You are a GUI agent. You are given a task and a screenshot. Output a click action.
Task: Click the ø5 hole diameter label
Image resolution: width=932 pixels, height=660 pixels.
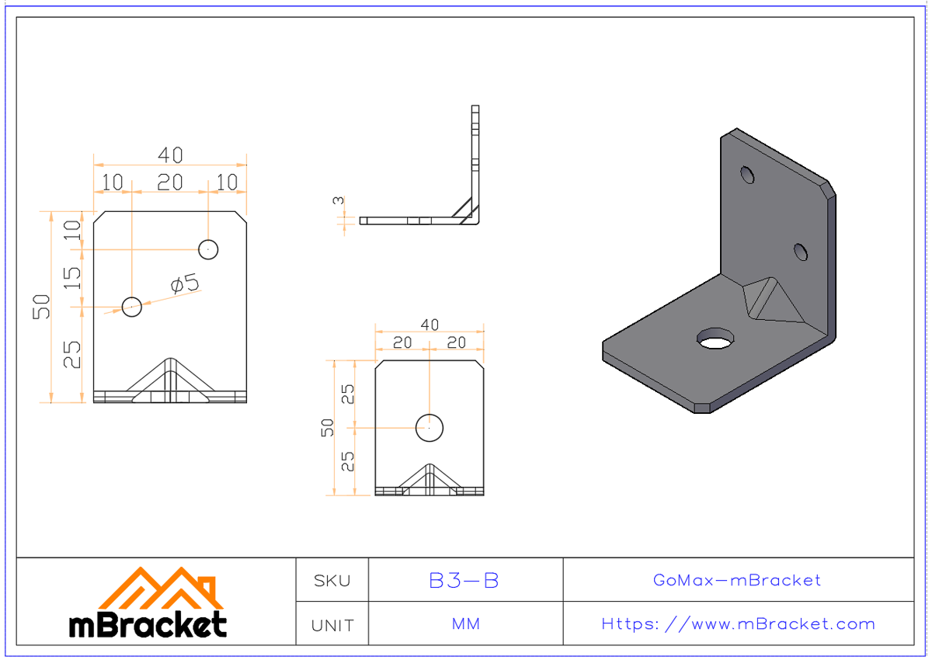tap(185, 285)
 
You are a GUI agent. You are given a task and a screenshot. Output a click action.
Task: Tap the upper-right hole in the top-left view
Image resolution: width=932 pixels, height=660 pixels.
tap(208, 249)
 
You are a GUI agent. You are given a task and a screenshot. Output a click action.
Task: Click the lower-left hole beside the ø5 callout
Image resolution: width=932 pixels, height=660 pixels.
tap(132, 307)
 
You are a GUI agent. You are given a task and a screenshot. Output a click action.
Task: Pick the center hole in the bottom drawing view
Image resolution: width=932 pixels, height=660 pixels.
tap(429, 427)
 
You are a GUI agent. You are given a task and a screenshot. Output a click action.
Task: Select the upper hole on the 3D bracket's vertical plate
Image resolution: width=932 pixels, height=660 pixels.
tap(747, 175)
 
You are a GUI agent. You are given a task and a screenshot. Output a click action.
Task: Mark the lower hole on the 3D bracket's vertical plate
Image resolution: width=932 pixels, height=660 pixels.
tap(802, 252)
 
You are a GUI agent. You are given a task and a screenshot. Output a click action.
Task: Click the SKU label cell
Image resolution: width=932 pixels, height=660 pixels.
tap(332, 580)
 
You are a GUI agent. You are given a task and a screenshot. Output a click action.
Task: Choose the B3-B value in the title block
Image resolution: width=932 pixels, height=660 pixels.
tap(464, 580)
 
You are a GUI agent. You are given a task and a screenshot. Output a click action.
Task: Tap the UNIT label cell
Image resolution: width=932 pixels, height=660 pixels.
tap(332, 624)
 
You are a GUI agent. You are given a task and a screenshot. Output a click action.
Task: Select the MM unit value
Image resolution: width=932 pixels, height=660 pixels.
tap(464, 624)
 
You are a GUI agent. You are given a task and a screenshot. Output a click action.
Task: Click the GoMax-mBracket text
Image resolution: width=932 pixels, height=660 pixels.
tap(737, 580)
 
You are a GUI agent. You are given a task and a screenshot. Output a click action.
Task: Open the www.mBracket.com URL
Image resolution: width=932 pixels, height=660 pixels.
tap(738, 624)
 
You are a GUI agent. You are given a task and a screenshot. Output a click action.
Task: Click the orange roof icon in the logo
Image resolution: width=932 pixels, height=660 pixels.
tap(161, 589)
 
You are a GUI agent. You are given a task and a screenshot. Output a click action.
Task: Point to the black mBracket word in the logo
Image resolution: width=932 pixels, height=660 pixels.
tap(148, 625)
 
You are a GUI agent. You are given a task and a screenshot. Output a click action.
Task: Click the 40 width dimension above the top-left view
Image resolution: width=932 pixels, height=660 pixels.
tap(170, 156)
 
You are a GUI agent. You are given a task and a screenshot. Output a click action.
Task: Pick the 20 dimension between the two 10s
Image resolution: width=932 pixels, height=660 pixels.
tap(170, 182)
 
